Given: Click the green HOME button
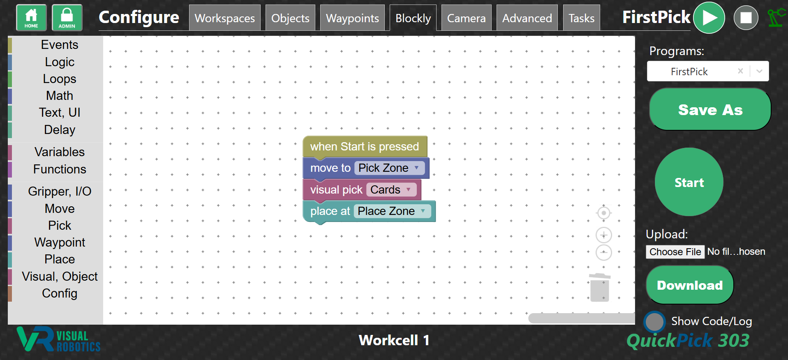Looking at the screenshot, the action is (x=31, y=18).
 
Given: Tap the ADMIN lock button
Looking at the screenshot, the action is (x=67, y=18).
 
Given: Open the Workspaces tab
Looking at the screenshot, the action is (x=225, y=18).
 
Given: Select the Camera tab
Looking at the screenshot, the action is (x=466, y=18).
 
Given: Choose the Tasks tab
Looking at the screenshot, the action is (x=582, y=18).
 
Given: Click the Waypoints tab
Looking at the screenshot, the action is (x=353, y=18).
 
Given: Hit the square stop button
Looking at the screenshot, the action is (x=746, y=18).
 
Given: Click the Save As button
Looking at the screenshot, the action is (x=710, y=110).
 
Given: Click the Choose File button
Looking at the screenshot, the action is (x=675, y=252).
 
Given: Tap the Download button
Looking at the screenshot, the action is (x=690, y=285).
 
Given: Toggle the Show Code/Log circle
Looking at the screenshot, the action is (x=654, y=322).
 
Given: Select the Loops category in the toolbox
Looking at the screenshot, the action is (x=60, y=79).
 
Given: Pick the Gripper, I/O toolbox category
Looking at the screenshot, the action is (x=60, y=192).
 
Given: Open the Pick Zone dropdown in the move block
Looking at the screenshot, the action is (x=389, y=168).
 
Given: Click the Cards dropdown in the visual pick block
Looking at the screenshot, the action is (x=391, y=190).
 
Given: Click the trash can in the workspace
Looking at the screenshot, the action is (x=600, y=287).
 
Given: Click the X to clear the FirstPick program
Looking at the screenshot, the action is (x=740, y=71).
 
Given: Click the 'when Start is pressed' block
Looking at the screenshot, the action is (x=365, y=147).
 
